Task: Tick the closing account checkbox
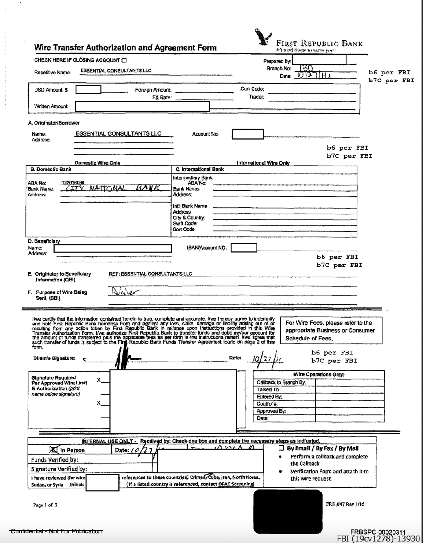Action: [x=124, y=60]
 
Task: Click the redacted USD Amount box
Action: [x=88, y=90]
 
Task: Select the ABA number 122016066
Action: [x=73, y=183]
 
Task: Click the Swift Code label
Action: [x=185, y=224]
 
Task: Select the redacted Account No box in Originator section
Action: [x=248, y=134]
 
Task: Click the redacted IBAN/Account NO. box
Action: [x=244, y=248]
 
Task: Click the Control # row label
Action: [x=267, y=404]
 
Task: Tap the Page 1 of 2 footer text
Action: [x=45, y=505]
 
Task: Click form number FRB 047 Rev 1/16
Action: [x=345, y=504]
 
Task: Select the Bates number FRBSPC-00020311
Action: [x=378, y=532]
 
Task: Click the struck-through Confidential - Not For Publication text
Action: [x=56, y=531]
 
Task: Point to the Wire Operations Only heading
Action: [x=319, y=374]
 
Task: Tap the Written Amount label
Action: [x=51, y=106]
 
